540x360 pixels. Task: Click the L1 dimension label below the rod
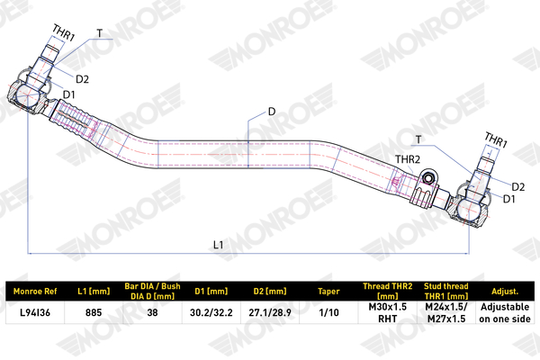(x=219, y=245)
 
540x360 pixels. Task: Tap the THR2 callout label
(x=408, y=159)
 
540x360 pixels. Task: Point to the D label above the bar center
(x=272, y=112)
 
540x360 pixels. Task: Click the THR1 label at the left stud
(x=64, y=32)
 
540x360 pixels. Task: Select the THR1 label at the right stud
(x=496, y=139)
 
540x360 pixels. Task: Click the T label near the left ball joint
(x=100, y=33)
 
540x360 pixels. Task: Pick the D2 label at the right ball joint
(x=518, y=187)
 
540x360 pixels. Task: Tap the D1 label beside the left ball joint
(x=69, y=94)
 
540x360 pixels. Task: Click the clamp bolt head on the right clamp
(x=428, y=178)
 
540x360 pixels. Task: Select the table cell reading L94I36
(x=35, y=312)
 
